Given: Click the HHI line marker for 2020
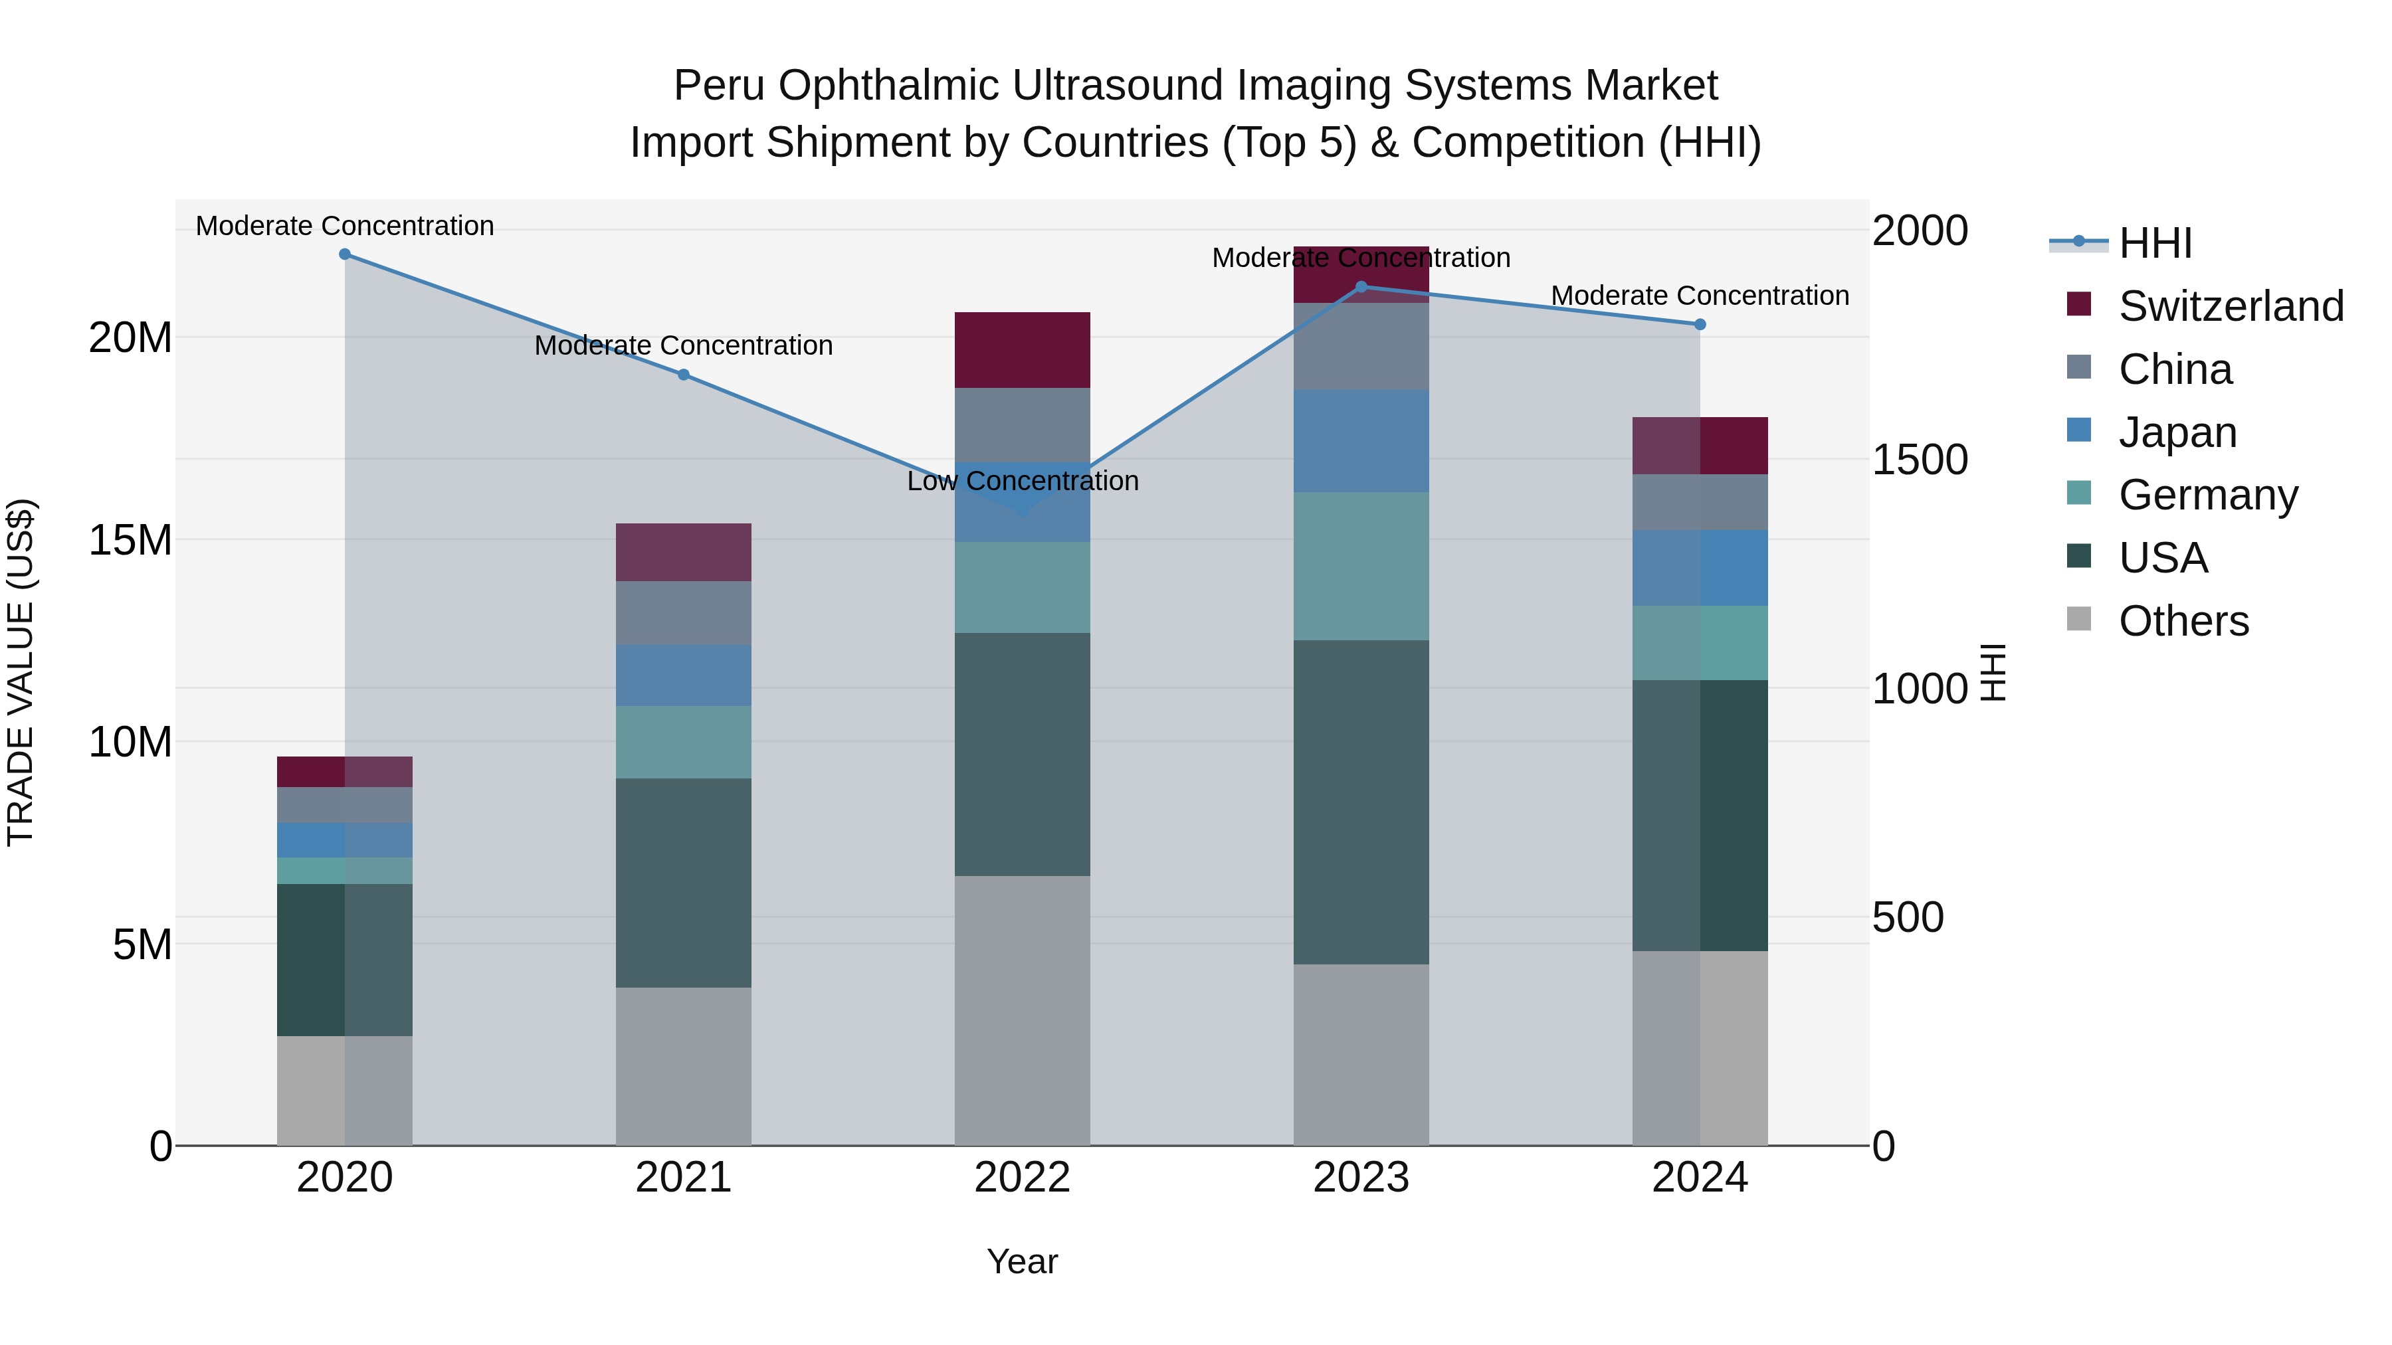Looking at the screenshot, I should point(344,254).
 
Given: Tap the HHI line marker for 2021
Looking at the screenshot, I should point(684,375).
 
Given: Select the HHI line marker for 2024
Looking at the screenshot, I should point(1700,325).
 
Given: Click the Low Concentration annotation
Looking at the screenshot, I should point(1023,481).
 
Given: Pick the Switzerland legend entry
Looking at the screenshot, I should point(2231,306).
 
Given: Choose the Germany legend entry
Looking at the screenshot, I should point(2208,495).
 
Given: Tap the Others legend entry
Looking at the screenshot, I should point(2183,621).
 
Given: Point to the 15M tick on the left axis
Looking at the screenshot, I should point(130,540).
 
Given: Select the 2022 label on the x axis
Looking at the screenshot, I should point(1023,1178).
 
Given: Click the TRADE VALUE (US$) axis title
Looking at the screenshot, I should point(21,672).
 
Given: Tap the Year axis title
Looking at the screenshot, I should point(1023,1261).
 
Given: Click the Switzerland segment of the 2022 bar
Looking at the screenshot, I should point(1023,350).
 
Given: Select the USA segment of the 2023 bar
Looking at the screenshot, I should point(1361,802).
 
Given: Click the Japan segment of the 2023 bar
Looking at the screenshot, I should point(1361,441).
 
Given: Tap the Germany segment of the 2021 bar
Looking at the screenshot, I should point(684,742).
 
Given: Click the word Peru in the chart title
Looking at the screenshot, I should point(719,86).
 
